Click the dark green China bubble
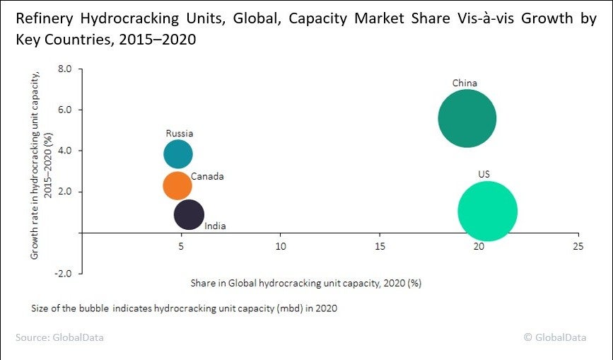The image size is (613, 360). click(x=467, y=119)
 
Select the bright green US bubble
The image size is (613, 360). click(x=487, y=211)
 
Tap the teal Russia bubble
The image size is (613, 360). click(x=178, y=153)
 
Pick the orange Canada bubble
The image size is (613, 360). click(x=177, y=185)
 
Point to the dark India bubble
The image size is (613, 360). click(x=189, y=214)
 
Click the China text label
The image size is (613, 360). click(x=465, y=83)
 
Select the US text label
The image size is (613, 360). click(x=484, y=174)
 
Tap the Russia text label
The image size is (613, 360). click(x=180, y=133)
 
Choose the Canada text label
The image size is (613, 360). click(x=207, y=176)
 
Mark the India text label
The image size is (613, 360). click(x=215, y=226)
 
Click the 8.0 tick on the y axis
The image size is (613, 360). click(x=66, y=69)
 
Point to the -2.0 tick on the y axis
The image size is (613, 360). click(x=64, y=274)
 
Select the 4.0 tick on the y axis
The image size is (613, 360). click(x=66, y=151)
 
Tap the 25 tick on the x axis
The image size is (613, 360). click(x=578, y=246)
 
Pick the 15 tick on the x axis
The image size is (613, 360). click(x=380, y=246)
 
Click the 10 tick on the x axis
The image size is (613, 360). click(x=281, y=246)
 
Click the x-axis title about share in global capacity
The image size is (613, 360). click(x=305, y=283)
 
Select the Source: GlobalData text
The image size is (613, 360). click(x=59, y=337)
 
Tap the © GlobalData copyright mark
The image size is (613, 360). click(x=554, y=337)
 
